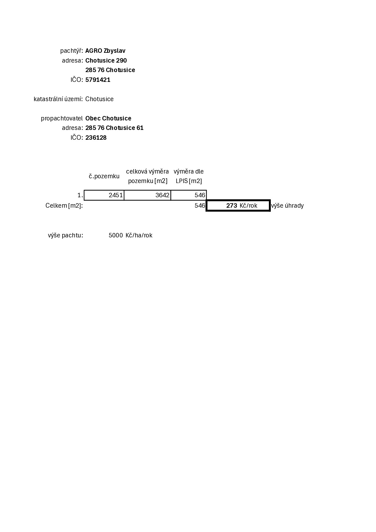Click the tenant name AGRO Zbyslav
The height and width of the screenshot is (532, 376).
pos(105,51)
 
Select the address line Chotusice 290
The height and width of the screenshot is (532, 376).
pos(106,61)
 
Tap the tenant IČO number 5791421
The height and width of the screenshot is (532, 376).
pos(98,80)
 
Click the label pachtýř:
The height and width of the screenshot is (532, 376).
pos(71,51)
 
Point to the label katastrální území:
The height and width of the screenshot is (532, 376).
pos(58,99)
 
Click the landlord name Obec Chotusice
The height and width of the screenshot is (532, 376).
pos(108,118)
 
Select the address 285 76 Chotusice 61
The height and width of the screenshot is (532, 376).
pos(114,128)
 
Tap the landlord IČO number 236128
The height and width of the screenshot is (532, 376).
pos(96,138)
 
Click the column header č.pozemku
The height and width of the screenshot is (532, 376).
pos(104,176)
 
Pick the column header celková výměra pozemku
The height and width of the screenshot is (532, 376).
pos(148,176)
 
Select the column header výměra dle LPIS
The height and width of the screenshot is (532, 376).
pos(189,176)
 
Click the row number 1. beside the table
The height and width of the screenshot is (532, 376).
pos(80,195)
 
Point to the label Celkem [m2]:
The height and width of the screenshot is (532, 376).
pos(64,206)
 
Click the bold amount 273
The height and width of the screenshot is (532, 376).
pos(231,206)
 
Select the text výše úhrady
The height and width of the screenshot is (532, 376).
pos(287,206)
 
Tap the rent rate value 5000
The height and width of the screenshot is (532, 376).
pos(116,235)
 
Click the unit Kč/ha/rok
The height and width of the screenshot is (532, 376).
pos(139,235)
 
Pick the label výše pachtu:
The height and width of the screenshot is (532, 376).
pos(65,235)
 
